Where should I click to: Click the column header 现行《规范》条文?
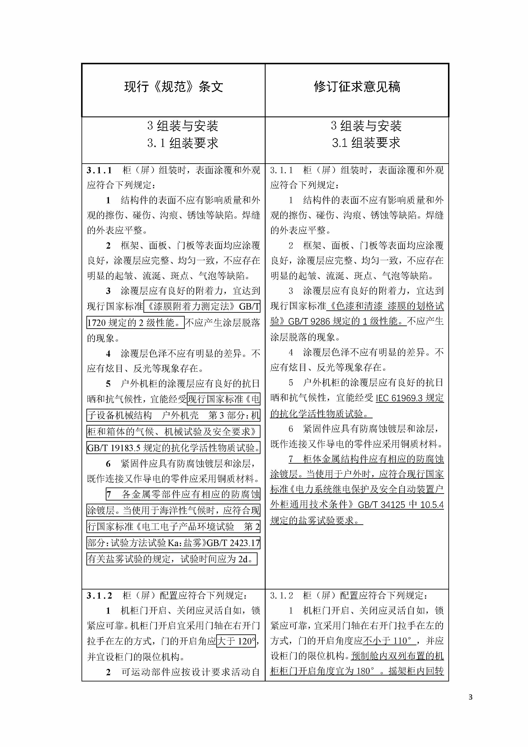(173, 87)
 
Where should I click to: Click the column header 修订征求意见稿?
(357, 87)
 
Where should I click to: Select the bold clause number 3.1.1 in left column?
(99, 170)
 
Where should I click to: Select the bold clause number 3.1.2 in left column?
(99, 596)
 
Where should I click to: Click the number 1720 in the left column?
(96, 323)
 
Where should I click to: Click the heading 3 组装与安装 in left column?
(183, 126)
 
